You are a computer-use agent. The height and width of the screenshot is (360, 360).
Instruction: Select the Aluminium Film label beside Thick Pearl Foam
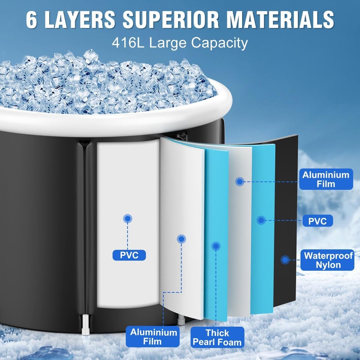154,336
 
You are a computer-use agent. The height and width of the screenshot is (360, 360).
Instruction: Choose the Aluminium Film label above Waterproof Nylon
326,179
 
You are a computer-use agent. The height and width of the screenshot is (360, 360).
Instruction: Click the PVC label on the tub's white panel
129,255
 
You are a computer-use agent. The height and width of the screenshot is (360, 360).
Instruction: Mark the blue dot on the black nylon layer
285,259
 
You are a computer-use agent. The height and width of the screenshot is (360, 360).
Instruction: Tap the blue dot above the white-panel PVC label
127,218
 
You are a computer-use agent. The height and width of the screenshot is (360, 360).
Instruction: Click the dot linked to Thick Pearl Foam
216,246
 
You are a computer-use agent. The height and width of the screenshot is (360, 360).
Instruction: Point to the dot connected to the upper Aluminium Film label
240,181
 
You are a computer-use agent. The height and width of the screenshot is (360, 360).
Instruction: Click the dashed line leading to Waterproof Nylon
294,259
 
